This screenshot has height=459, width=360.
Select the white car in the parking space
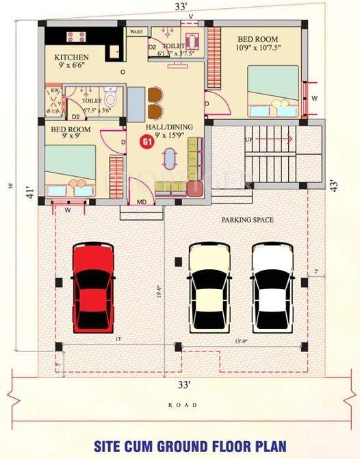273,287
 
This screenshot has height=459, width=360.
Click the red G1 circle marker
146,142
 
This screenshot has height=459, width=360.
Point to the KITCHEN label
71,57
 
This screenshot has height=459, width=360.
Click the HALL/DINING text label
169,127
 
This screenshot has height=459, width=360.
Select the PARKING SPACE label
247,220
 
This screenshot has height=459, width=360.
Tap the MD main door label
142,201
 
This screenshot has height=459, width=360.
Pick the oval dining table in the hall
168,159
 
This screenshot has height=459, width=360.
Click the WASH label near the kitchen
136,32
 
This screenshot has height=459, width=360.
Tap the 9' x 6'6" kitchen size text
70,67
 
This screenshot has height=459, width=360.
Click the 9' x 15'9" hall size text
169,136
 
